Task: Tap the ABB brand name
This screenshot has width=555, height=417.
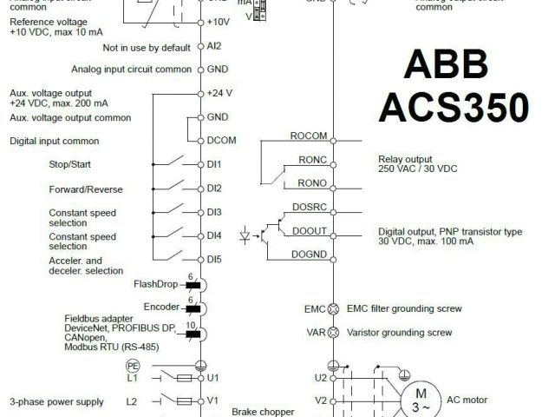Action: [x=446, y=69]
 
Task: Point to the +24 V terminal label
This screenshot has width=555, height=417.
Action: [x=219, y=92]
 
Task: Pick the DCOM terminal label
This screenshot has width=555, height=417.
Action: [x=222, y=140]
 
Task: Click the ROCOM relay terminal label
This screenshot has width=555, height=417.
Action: [x=308, y=136]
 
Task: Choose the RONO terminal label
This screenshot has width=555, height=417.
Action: [x=312, y=183]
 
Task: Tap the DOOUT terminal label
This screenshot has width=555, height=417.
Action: [x=310, y=231]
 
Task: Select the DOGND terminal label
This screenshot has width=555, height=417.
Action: [x=310, y=254]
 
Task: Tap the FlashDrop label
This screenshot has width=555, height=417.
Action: [x=155, y=283]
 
